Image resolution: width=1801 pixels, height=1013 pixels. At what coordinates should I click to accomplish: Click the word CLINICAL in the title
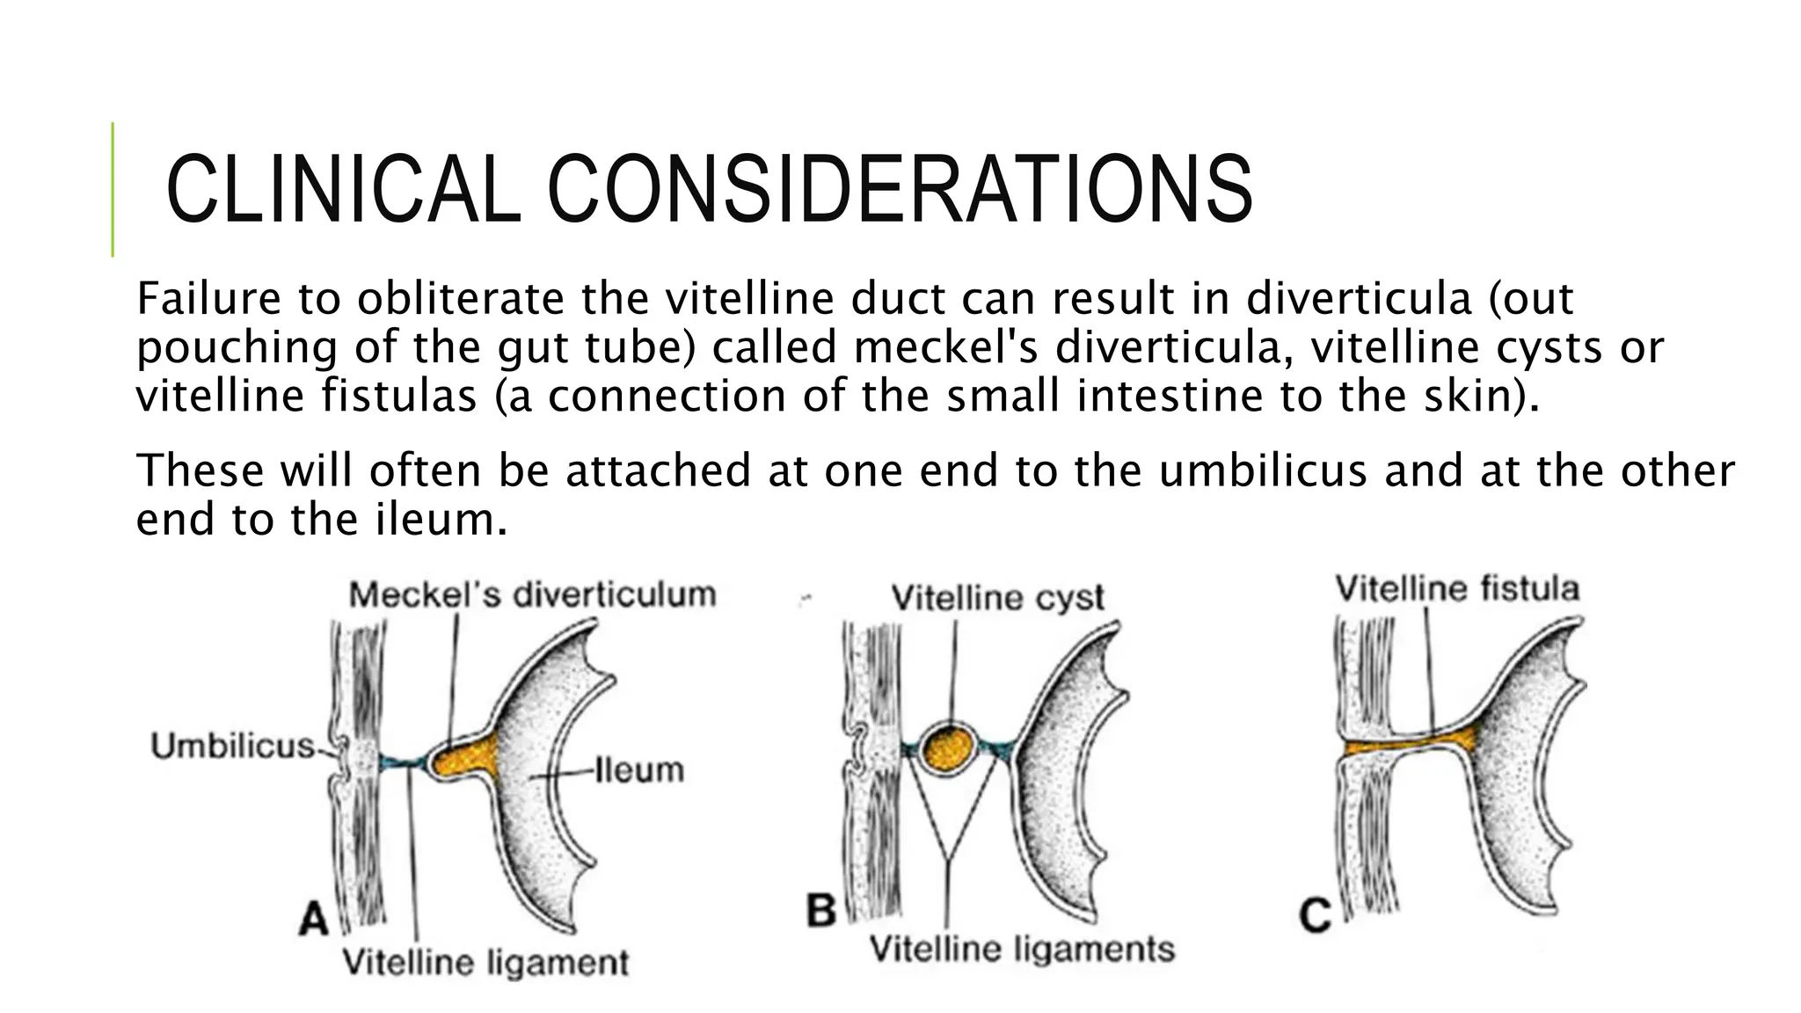click(x=344, y=189)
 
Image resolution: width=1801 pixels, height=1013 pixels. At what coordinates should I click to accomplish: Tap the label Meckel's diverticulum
click(x=533, y=595)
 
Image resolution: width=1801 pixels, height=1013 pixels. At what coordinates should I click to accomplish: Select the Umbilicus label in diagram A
click(x=233, y=747)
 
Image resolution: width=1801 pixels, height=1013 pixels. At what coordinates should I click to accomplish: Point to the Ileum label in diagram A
click(x=639, y=770)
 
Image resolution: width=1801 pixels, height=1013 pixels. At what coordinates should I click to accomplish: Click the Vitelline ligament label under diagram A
click(x=485, y=962)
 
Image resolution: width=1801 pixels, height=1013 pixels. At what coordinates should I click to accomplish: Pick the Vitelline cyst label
click(x=997, y=598)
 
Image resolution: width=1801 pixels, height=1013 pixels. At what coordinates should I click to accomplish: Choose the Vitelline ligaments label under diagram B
click(x=1022, y=950)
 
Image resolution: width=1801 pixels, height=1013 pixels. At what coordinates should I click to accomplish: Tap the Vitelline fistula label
click(x=1457, y=588)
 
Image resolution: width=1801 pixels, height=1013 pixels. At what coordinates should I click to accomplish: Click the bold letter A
click(x=313, y=921)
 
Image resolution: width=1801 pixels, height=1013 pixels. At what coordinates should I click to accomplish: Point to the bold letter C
click(x=1315, y=917)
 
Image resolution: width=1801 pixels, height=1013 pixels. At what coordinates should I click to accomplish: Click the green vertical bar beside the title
click(x=113, y=189)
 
